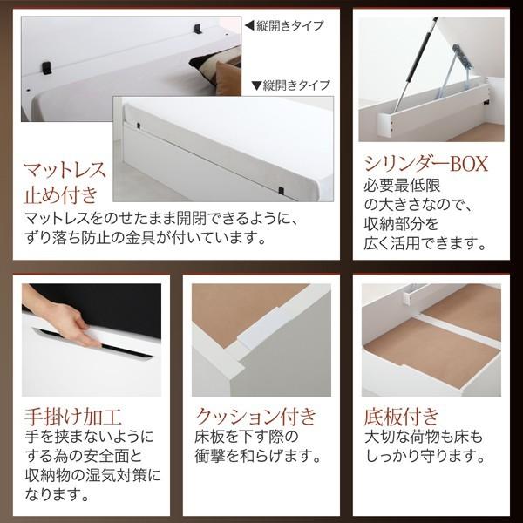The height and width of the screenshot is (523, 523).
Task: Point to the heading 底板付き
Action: coord(401,414)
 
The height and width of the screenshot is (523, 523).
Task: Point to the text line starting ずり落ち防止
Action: coord(143,237)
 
